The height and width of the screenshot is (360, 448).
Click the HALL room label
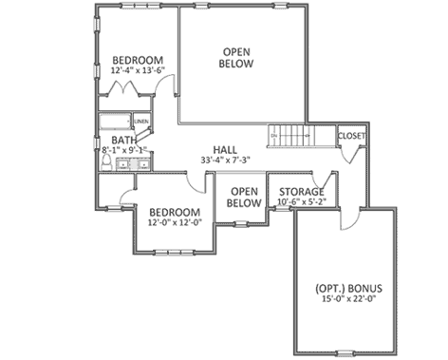[x=225, y=149]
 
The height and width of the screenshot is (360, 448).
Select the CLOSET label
[x=352, y=136]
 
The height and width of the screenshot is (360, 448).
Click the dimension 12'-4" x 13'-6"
[x=138, y=70]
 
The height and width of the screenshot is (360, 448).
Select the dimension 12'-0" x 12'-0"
[x=174, y=222]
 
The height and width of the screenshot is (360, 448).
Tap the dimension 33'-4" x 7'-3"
[x=225, y=161]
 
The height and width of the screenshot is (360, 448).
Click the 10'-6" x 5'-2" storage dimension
[x=302, y=202]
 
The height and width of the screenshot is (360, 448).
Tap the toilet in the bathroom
[x=105, y=162]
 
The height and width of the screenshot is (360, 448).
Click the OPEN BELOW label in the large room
[x=237, y=57]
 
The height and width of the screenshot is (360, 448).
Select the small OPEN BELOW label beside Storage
[x=245, y=197]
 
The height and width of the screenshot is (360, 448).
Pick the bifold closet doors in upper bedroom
[x=128, y=90]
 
